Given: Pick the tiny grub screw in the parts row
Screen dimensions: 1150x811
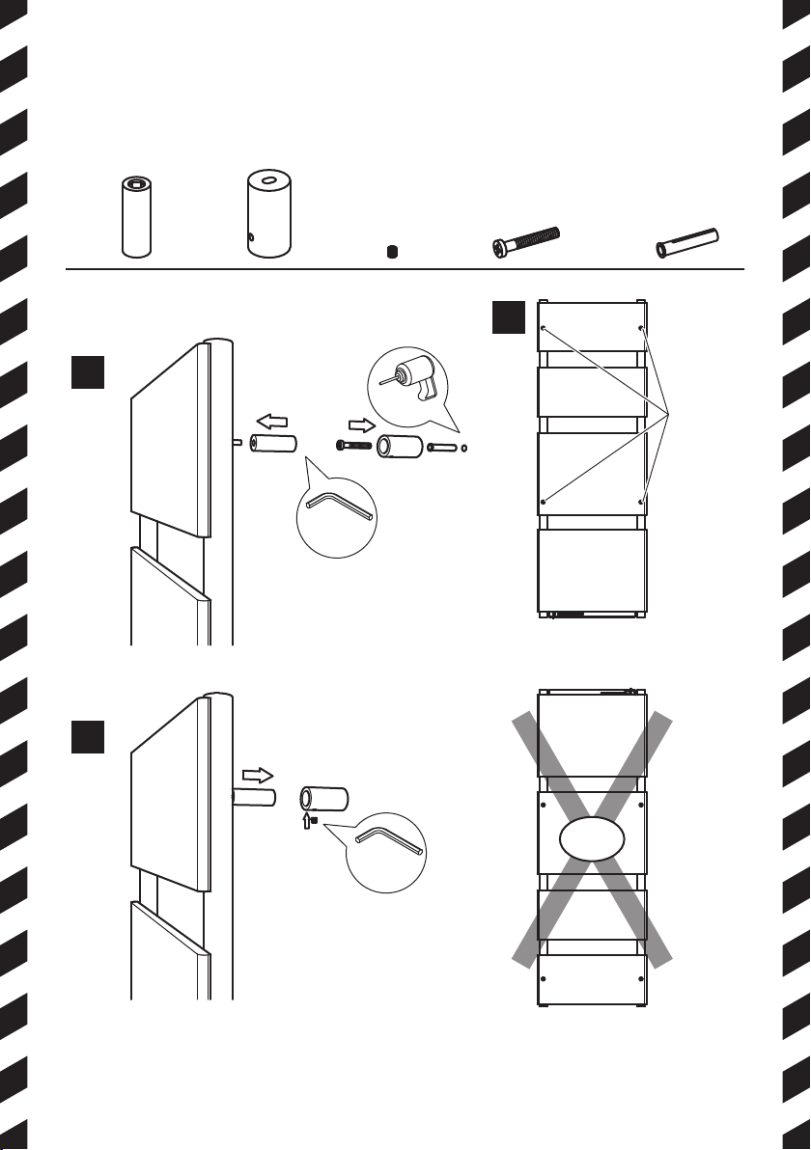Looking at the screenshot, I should pyautogui.click(x=391, y=252).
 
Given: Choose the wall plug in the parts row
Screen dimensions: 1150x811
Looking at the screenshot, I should pyautogui.click(x=689, y=242).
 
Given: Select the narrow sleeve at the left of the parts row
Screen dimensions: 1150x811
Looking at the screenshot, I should pyautogui.click(x=137, y=216).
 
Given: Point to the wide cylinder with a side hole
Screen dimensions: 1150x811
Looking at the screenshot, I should pyautogui.click(x=269, y=214).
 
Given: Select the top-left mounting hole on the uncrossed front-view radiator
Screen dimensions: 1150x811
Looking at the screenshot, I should pyautogui.click(x=544, y=329).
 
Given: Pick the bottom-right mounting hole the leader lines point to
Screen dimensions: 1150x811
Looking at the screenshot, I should pyautogui.click(x=641, y=502).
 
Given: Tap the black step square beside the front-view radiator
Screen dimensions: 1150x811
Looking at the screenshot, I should pyautogui.click(x=507, y=318).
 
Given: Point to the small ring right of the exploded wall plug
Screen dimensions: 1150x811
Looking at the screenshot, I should pyautogui.click(x=466, y=448).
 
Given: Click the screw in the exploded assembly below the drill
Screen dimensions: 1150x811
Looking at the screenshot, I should pyautogui.click(x=353, y=446).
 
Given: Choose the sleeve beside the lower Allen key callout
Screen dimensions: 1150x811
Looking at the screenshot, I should pyautogui.click(x=324, y=799).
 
